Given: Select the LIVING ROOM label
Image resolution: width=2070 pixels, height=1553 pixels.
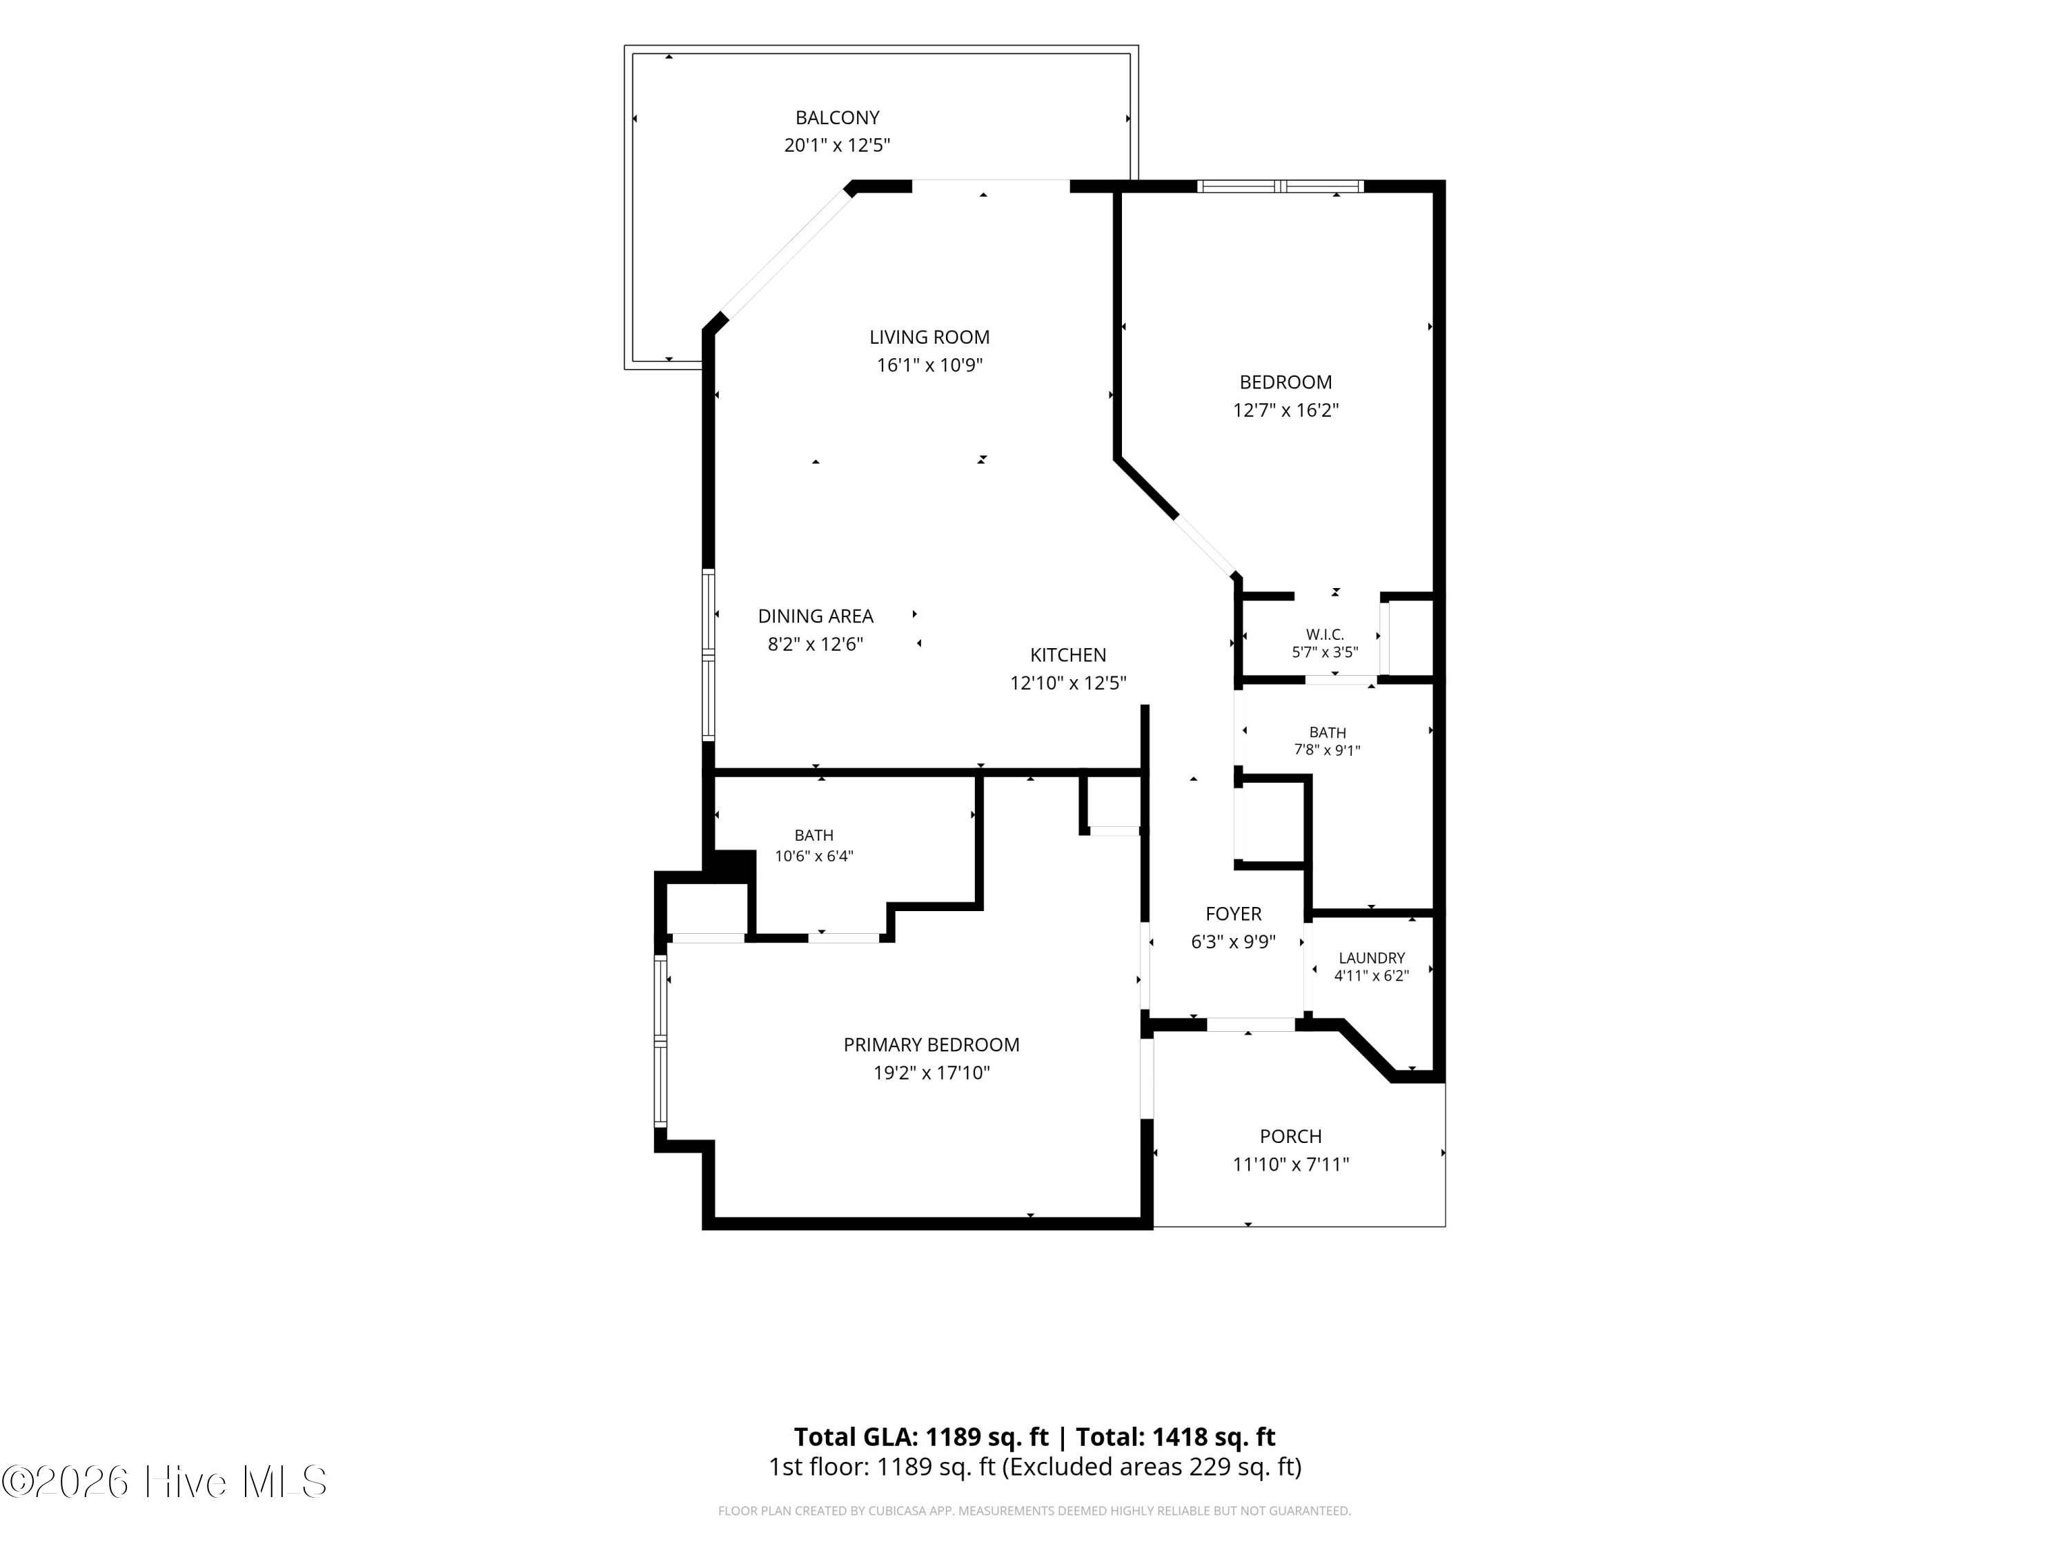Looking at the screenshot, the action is pyautogui.click(x=929, y=337).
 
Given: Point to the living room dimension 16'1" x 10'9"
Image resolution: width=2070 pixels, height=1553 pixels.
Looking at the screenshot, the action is pyautogui.click(x=929, y=365).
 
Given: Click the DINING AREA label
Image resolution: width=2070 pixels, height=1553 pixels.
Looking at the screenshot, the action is pyautogui.click(x=815, y=616).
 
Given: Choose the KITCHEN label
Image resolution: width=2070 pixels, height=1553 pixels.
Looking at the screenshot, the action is pyautogui.click(x=1067, y=655).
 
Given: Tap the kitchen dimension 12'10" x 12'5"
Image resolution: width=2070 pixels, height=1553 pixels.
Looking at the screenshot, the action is pyautogui.click(x=1067, y=683).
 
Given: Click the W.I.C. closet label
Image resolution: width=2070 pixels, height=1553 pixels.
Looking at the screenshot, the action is pyautogui.click(x=1325, y=635).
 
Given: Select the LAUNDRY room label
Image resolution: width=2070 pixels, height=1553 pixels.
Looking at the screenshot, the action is pyautogui.click(x=1372, y=957).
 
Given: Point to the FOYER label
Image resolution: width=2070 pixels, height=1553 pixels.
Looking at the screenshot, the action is pyautogui.click(x=1234, y=914).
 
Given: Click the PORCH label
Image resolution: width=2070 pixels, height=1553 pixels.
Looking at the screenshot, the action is pyautogui.click(x=1290, y=1136).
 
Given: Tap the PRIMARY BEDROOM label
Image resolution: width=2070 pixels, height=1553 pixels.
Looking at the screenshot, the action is pyautogui.click(x=931, y=1045).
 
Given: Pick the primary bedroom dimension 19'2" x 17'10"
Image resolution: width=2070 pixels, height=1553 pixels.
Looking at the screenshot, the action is pyautogui.click(x=931, y=1073).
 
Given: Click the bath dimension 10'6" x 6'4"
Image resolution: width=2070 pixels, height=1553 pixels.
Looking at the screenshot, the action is pyautogui.click(x=814, y=856).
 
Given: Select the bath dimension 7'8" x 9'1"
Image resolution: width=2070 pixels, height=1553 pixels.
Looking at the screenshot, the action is pyautogui.click(x=1327, y=750).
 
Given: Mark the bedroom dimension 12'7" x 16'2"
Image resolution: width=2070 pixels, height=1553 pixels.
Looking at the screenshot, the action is pyautogui.click(x=1285, y=410).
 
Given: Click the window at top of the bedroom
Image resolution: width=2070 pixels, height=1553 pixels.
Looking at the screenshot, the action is pyautogui.click(x=1280, y=186).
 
